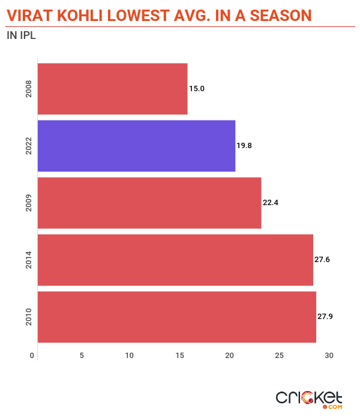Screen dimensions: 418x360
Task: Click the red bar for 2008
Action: (112, 89)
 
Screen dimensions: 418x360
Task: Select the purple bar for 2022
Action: (136, 146)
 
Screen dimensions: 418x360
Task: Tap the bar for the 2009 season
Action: (149, 203)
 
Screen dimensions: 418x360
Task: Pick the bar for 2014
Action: (175, 260)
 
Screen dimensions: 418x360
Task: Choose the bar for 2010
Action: (176, 317)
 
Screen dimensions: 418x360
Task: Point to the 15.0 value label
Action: (197, 89)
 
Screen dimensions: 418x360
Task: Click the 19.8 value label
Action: (245, 146)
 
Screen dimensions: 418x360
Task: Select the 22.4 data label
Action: (271, 203)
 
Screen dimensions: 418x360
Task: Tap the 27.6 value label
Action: (322, 260)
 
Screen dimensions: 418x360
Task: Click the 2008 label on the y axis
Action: (29, 89)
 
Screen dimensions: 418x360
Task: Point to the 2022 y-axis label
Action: (29, 146)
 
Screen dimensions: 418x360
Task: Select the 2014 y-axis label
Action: (29, 260)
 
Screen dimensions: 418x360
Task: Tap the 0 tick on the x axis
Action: (32, 356)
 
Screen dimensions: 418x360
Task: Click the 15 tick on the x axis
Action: (179, 356)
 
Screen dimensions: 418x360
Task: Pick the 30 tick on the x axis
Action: (329, 356)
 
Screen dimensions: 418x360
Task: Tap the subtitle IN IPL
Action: (21, 35)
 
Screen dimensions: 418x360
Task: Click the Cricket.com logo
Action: (308, 399)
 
